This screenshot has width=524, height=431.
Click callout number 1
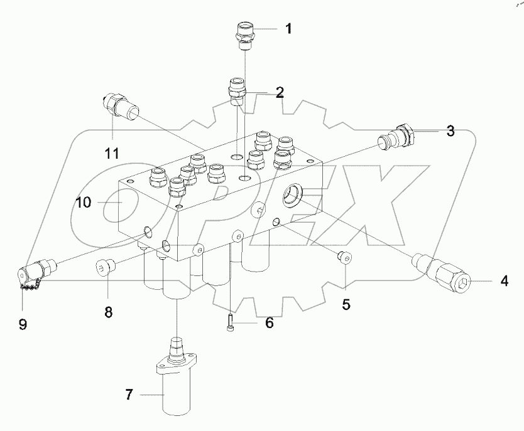[x=288, y=28]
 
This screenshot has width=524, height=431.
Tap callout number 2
[x=280, y=93]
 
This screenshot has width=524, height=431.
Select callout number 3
[x=450, y=131]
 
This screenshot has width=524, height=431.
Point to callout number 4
[x=504, y=282]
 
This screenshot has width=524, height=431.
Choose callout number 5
[x=346, y=305]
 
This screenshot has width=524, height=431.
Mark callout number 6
[x=269, y=323]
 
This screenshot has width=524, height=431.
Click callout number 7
[x=129, y=395]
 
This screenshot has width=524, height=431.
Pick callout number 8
[x=108, y=312]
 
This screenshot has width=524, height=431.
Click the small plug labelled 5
[x=344, y=255]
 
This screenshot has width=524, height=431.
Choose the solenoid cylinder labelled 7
[x=178, y=383]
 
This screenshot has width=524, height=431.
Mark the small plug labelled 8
[x=104, y=269]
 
